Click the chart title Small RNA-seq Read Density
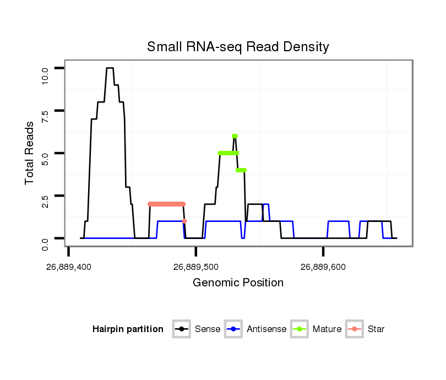238,47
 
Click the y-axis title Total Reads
30,153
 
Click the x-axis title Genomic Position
238,283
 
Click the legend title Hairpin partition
128,329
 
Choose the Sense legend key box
182,329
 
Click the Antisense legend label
266,329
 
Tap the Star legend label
376,329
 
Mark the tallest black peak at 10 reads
110,68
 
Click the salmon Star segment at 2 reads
166,204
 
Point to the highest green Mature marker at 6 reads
235,136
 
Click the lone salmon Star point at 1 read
184,221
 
